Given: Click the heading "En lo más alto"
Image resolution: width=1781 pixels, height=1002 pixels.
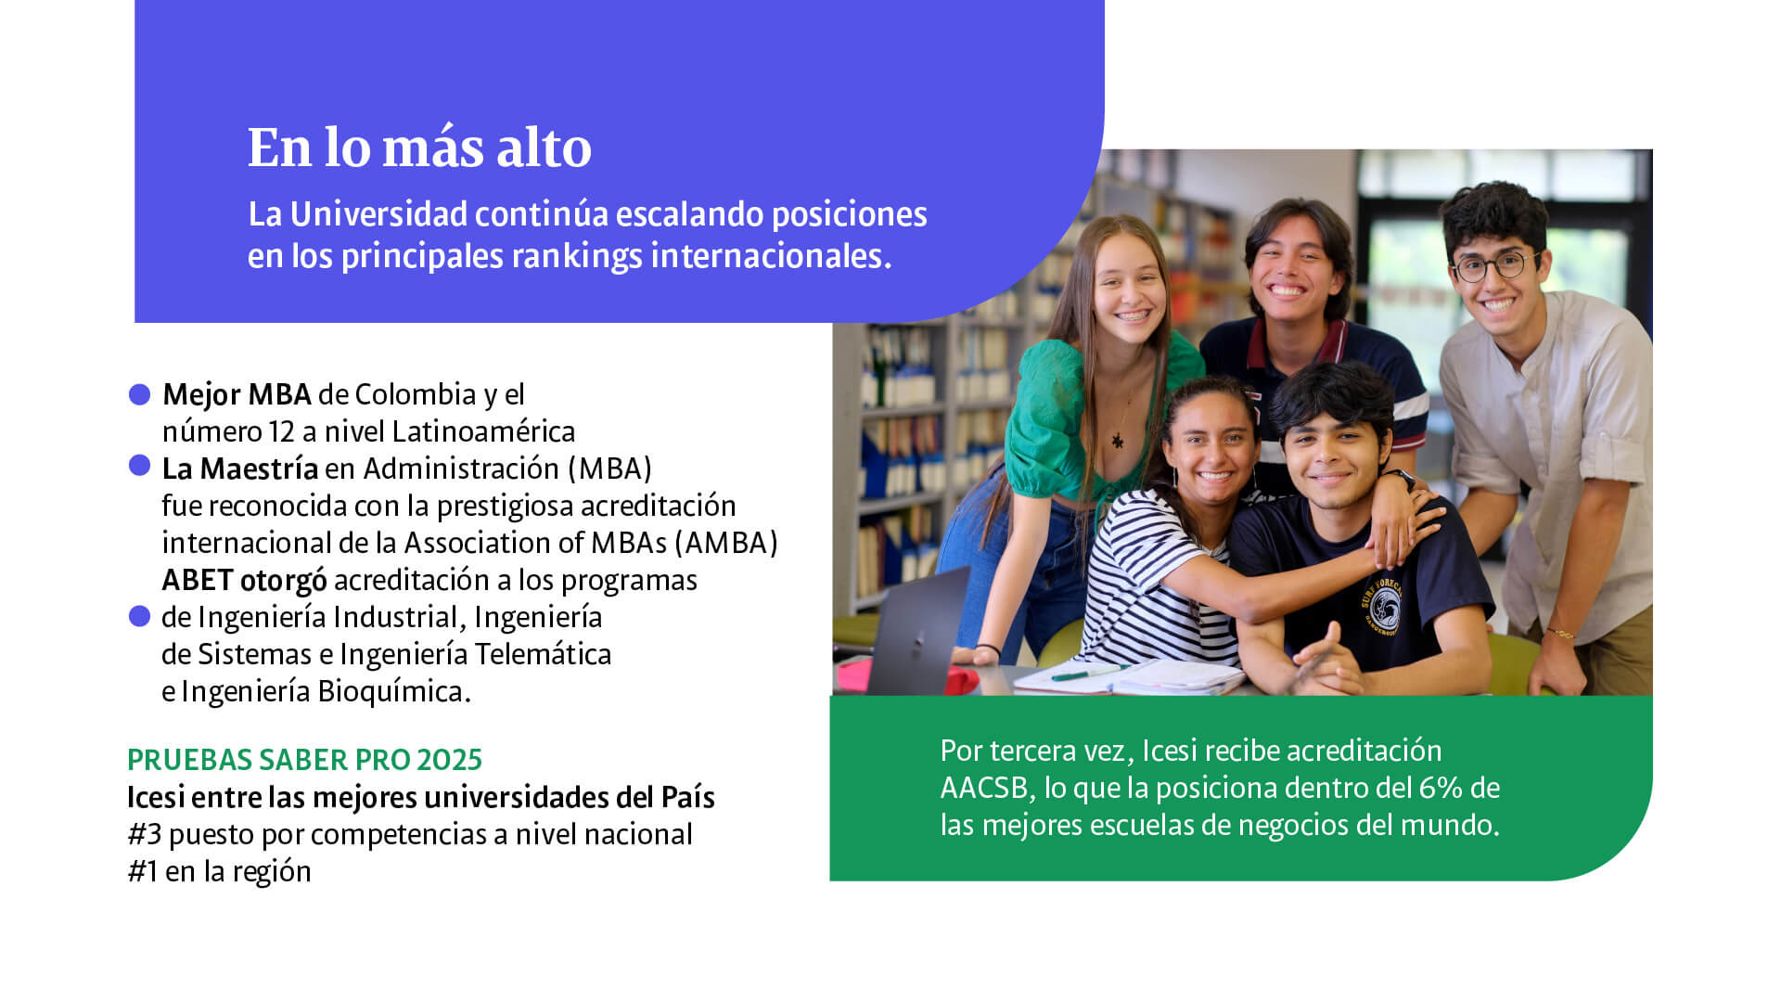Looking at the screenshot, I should pos(419,148).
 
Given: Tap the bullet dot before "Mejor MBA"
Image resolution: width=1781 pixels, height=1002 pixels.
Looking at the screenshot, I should pos(140,395).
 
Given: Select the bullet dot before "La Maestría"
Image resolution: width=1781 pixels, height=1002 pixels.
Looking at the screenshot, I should pos(140,466).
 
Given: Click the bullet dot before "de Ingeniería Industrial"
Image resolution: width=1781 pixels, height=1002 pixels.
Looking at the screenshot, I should pos(140,616).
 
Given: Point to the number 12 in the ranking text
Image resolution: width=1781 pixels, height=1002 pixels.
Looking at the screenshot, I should pos(281,432).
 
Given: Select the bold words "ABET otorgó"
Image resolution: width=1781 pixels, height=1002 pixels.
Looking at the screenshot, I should pos(244,581).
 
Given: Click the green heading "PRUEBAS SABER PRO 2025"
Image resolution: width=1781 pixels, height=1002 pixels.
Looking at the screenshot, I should pos(304,760).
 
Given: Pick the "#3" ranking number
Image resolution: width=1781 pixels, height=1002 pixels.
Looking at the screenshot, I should pos(145,835).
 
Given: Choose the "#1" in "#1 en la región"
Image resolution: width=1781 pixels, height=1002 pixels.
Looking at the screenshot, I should pos(142,872).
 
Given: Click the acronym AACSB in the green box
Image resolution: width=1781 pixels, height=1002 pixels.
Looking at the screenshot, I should pos(984,789).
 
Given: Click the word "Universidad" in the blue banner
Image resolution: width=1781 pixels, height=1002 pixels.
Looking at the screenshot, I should pos(378,215).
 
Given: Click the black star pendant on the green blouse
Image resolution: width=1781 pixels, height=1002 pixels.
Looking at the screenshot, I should pos(1118,441).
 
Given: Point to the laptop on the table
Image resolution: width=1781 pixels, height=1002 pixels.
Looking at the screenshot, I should pos(914,631).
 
